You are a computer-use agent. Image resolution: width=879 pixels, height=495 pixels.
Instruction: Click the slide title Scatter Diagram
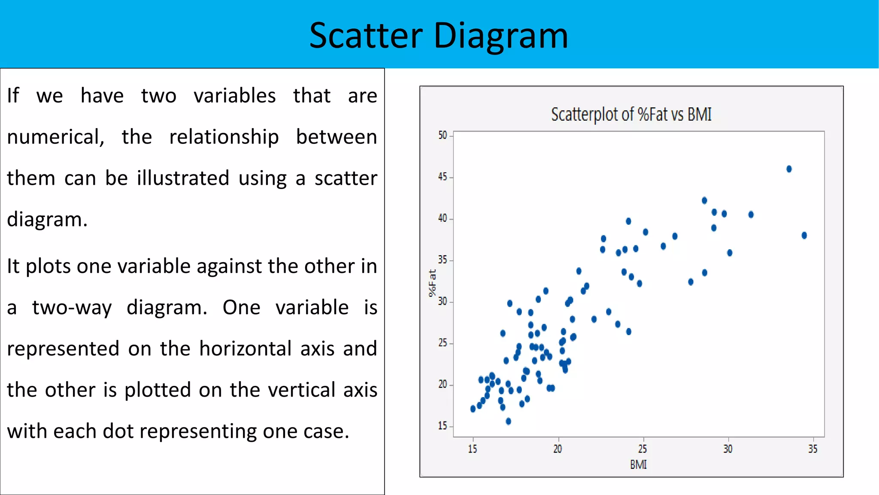click(x=439, y=35)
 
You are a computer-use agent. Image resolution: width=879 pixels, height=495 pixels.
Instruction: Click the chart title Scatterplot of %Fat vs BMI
click(x=631, y=114)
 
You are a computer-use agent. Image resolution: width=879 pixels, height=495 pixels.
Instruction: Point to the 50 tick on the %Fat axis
click(x=443, y=135)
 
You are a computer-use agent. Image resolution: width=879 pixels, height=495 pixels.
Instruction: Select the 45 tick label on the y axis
click(x=443, y=177)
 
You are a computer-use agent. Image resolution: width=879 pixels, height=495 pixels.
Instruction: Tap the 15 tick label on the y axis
click(x=443, y=426)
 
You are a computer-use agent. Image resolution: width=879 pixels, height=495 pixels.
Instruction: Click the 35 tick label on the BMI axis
click(x=812, y=449)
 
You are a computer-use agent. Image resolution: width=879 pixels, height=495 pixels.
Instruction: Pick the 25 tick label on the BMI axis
click(x=642, y=449)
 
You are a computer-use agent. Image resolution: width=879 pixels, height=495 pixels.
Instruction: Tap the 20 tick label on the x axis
click(x=557, y=449)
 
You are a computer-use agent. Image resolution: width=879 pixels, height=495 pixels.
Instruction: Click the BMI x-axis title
click(x=638, y=464)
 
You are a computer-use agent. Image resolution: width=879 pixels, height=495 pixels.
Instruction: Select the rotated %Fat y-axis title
click(x=432, y=283)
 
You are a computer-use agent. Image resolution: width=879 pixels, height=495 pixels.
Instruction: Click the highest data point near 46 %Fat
click(x=789, y=169)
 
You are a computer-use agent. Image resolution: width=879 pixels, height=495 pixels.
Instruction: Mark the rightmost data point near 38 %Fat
click(x=804, y=235)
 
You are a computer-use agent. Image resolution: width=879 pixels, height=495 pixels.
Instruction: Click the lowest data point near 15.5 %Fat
click(x=508, y=421)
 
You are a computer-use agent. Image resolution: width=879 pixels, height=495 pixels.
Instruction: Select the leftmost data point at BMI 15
click(x=473, y=409)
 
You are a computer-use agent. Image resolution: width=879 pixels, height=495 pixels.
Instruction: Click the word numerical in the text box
click(x=55, y=137)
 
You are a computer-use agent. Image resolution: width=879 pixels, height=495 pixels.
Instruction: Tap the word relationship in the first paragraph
click(x=224, y=137)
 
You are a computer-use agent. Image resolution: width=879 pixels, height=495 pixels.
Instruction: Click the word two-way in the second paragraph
click(x=72, y=308)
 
